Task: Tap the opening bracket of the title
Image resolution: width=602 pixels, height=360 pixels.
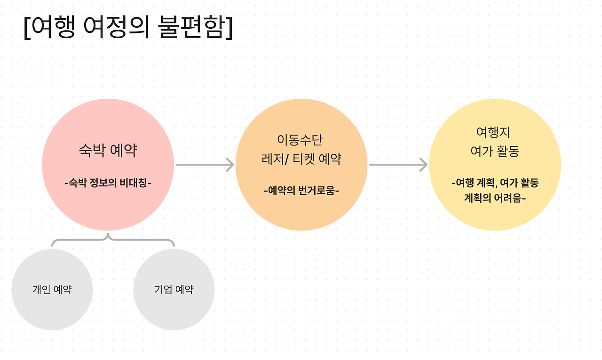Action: pos(27,29)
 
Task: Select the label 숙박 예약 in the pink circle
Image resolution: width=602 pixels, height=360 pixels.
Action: pos(108,151)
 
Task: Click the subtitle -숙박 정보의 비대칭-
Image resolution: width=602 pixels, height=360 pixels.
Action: pos(108,183)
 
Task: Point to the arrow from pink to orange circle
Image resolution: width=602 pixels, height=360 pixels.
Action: pos(205,165)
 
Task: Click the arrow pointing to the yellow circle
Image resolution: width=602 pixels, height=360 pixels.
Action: pos(398,165)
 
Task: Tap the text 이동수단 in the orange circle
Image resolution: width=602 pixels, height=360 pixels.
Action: pos(301,140)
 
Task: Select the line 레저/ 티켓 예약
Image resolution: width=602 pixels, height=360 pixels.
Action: pos(301,159)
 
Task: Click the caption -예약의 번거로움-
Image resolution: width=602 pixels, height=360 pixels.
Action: pos(301,191)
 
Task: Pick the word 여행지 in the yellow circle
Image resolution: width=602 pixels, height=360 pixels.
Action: pos(494,133)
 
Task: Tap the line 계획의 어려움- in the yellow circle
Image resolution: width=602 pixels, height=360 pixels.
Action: pos(495,198)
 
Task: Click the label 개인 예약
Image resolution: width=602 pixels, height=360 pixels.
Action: pos(52,289)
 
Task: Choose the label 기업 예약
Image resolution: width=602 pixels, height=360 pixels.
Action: pos(174,289)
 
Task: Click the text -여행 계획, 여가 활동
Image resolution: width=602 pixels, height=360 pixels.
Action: pos(495,183)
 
